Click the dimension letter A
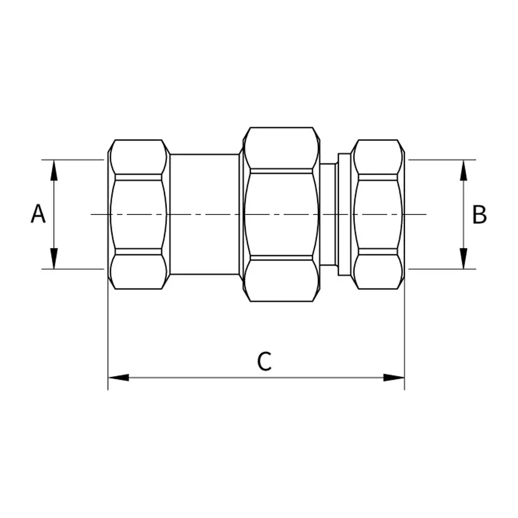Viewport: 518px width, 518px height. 38,214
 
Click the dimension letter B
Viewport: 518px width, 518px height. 479,214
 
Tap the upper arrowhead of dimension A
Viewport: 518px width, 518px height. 54,170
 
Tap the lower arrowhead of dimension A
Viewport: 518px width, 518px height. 54,258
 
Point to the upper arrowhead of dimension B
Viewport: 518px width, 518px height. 464,170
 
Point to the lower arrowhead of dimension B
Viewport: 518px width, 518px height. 464,258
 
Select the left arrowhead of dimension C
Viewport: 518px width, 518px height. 119,377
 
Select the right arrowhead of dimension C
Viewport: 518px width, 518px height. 394,377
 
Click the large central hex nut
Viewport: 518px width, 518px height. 281,214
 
